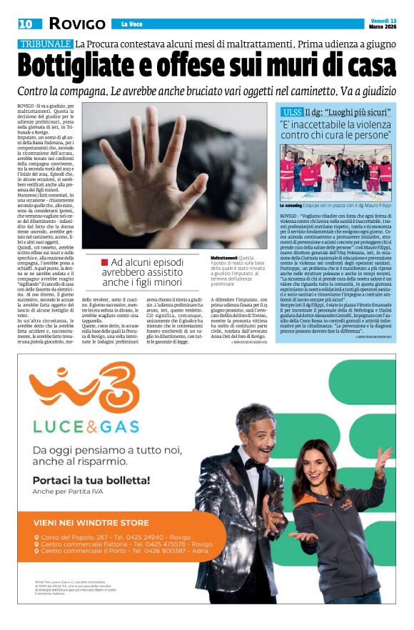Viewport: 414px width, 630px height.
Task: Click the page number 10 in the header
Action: click(x=25, y=24)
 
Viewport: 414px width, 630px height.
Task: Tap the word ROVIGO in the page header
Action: click(x=77, y=24)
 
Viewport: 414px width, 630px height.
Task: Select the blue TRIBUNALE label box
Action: click(x=45, y=44)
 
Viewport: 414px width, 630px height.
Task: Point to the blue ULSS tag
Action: click(x=291, y=112)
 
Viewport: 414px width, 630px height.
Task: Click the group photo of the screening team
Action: click(x=335, y=171)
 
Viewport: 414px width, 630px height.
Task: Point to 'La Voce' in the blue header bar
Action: click(x=131, y=24)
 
